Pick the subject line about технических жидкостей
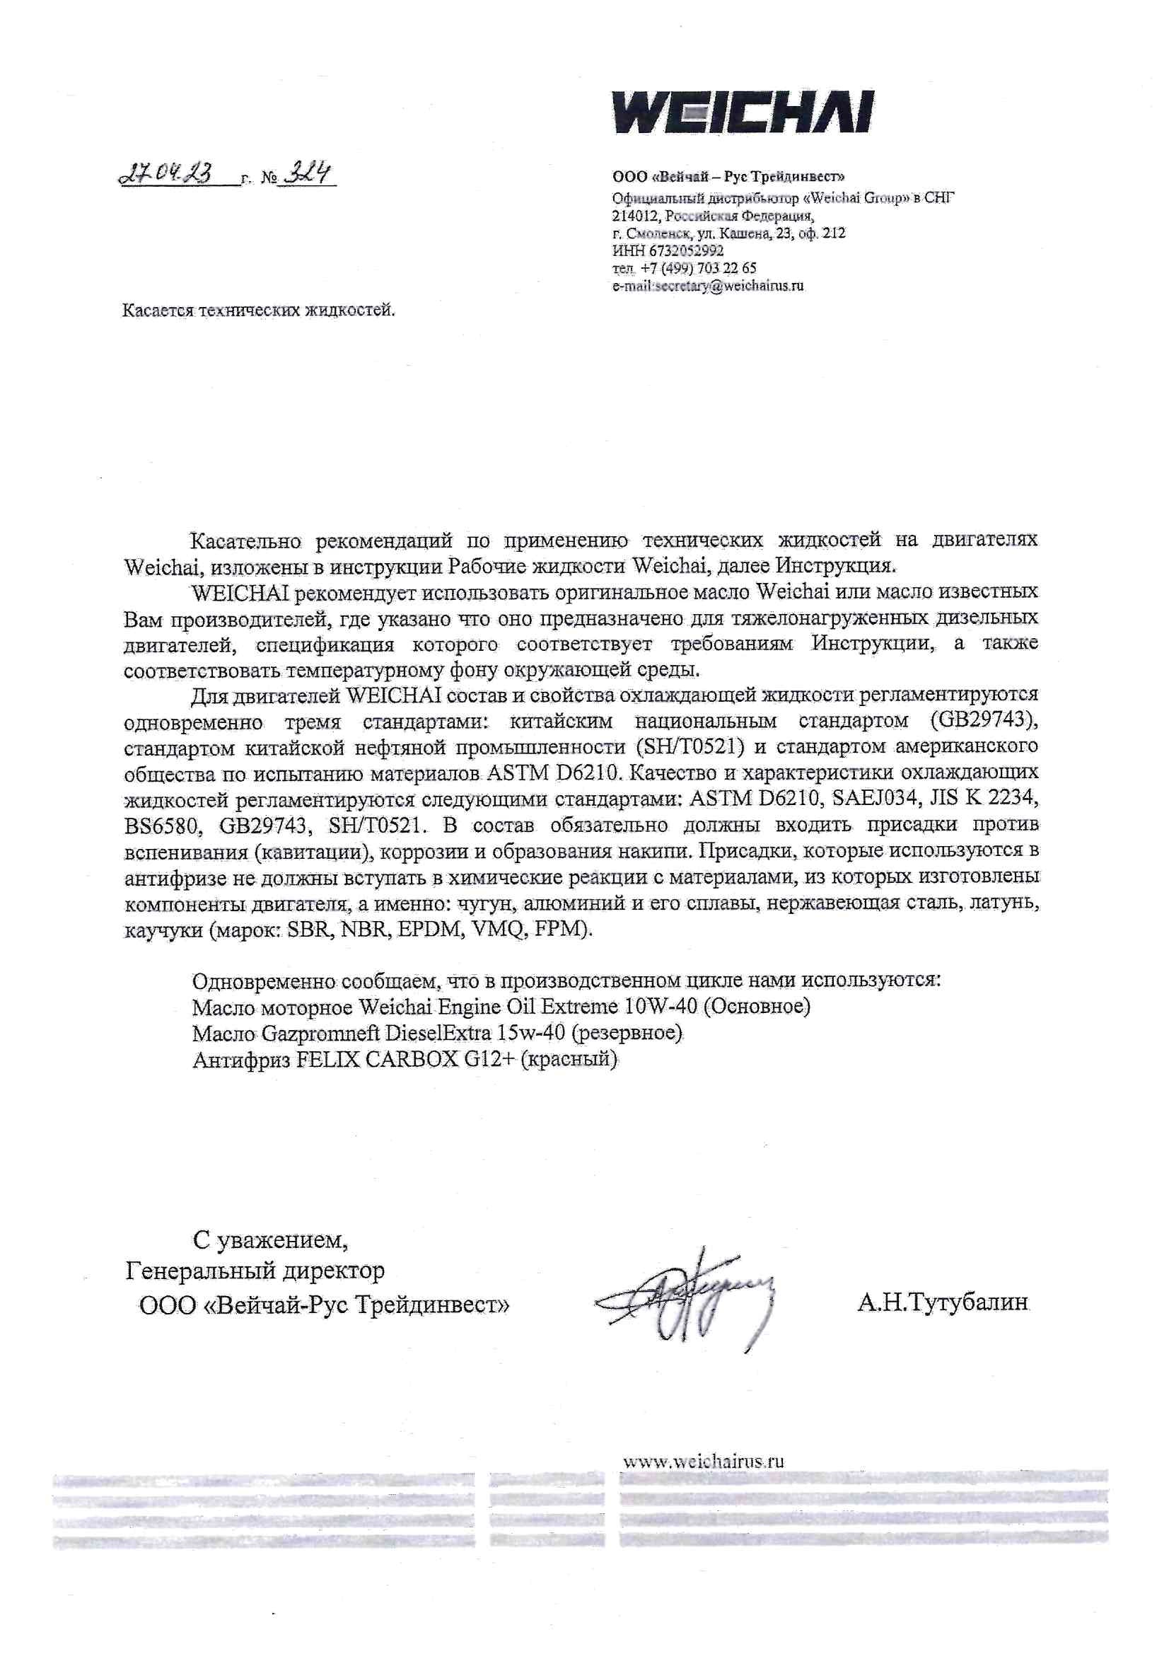[x=260, y=311]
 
